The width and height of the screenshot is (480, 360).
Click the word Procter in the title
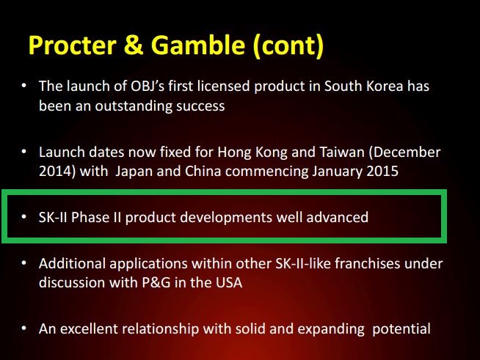click(x=72, y=45)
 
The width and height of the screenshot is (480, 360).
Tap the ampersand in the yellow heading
click(x=134, y=45)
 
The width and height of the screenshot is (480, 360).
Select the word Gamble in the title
click(x=198, y=45)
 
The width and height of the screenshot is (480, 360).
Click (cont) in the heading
click(x=288, y=46)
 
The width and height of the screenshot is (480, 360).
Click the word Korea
click(x=385, y=86)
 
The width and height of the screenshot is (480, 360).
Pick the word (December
click(x=404, y=152)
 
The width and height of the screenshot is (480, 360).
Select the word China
click(x=203, y=171)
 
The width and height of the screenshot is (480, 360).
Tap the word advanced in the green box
click(x=338, y=217)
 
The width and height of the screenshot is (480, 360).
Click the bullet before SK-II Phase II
click(x=24, y=216)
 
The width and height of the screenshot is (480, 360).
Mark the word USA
click(x=229, y=282)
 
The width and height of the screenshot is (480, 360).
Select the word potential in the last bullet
click(x=401, y=329)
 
